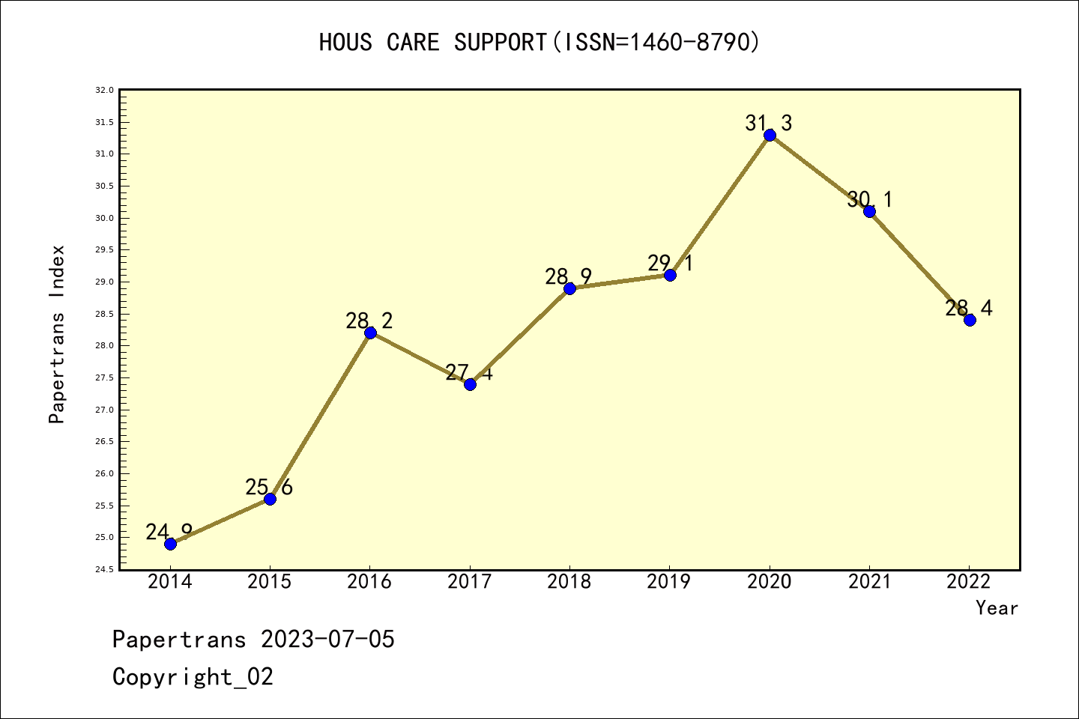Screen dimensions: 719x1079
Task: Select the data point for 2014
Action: click(170, 544)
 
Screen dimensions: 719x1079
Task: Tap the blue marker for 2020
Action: click(770, 135)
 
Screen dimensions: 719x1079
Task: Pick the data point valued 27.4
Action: click(470, 384)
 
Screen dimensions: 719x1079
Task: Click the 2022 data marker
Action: click(970, 320)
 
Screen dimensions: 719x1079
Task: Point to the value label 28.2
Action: click(369, 321)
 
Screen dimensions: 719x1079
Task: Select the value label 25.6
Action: click(269, 488)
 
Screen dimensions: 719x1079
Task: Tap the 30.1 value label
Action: click(869, 199)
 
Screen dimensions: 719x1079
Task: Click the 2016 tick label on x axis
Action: click(369, 582)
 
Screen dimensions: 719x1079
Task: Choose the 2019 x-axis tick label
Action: click(669, 582)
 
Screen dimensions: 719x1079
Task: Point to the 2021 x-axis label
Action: click(869, 582)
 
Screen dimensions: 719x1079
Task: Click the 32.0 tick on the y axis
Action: click(104, 90)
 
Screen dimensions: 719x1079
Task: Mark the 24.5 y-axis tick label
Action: click(104, 569)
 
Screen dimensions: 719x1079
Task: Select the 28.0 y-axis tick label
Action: click(104, 346)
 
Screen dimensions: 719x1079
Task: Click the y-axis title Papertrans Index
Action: click(57, 334)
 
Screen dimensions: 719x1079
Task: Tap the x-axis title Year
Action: click(997, 608)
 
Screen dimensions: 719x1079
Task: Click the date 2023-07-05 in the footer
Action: click(327, 640)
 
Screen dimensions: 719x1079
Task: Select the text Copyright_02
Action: click(193, 677)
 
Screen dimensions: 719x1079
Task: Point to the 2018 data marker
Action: click(569, 288)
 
